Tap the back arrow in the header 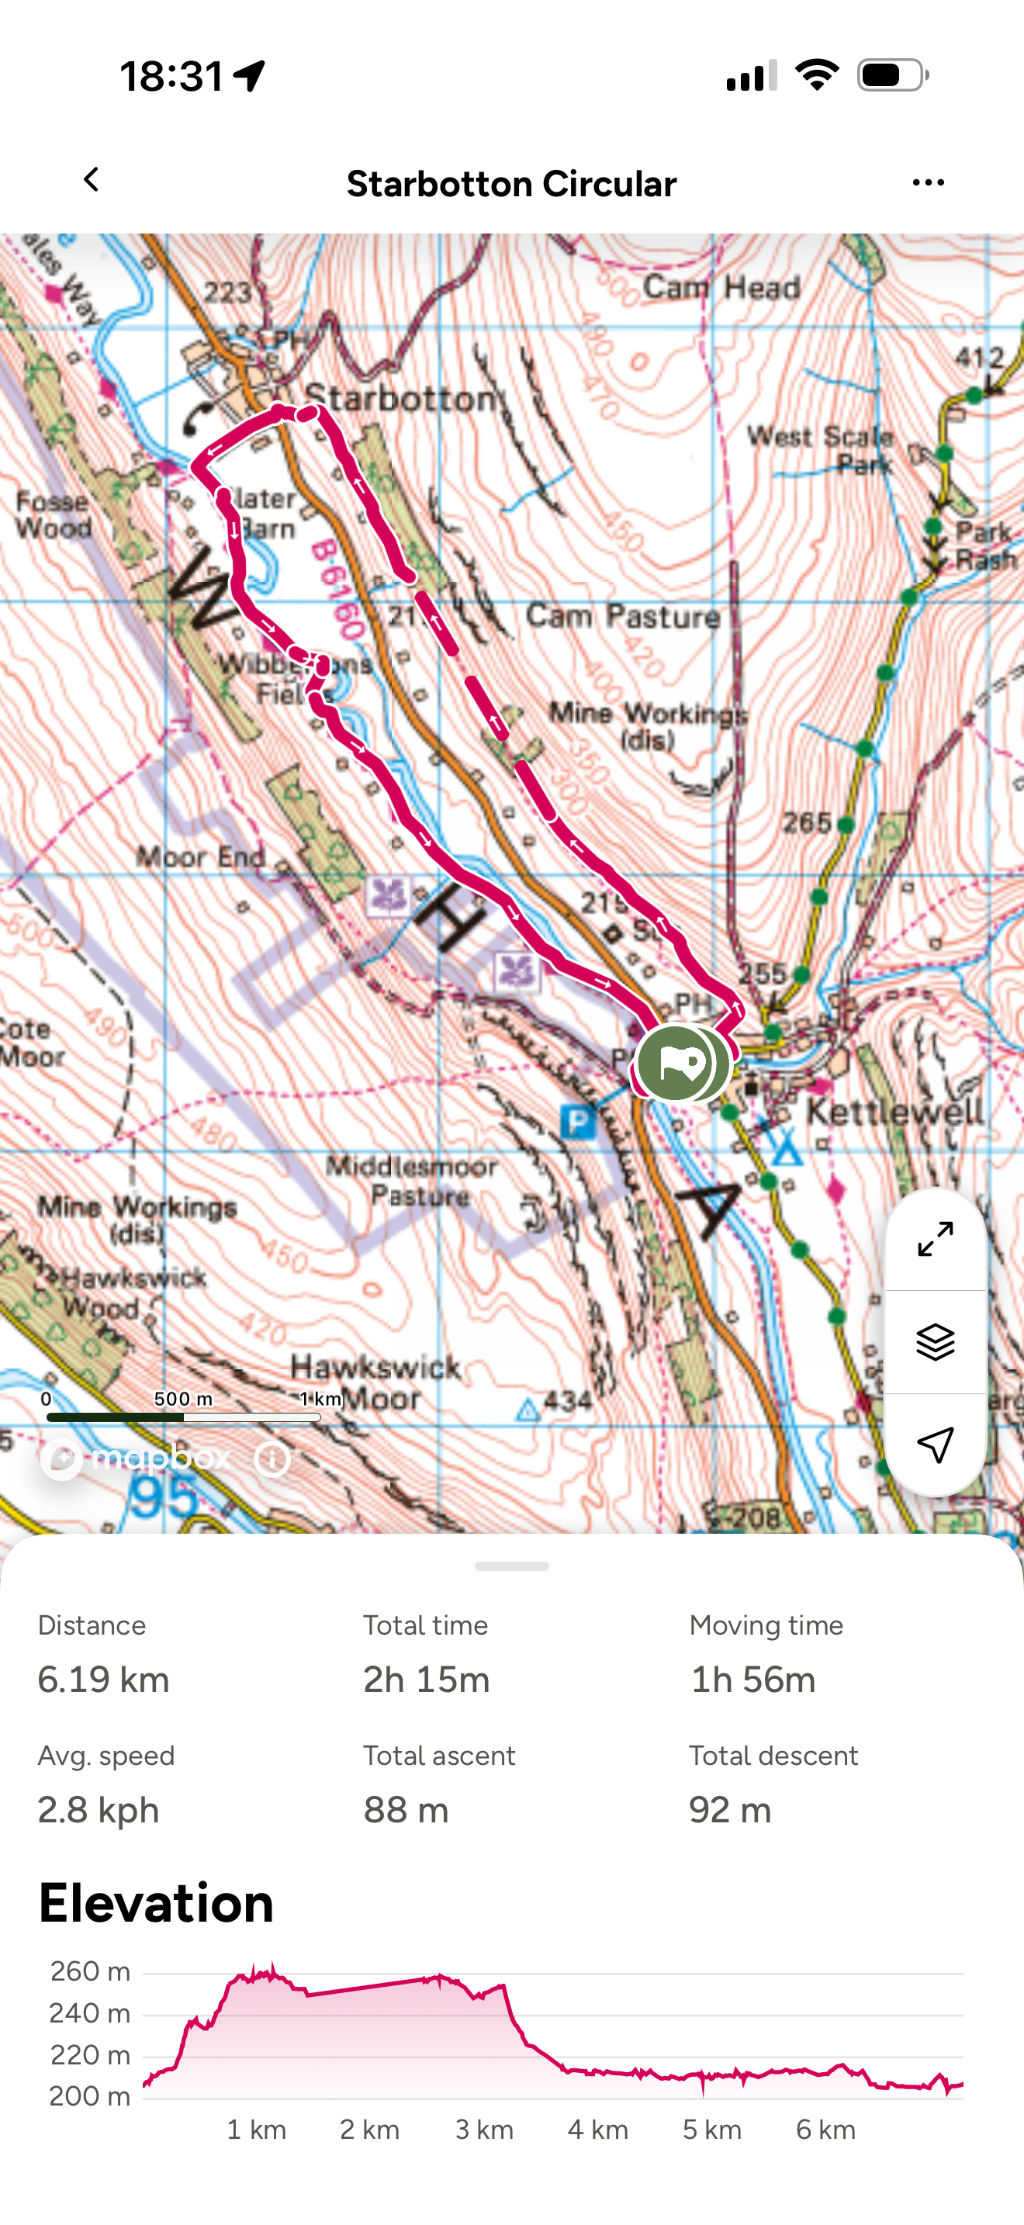pos(91,181)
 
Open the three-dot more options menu pos(927,182)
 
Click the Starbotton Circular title pos(511,184)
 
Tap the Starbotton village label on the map pos(402,398)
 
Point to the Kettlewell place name pos(894,1111)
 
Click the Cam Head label pos(721,287)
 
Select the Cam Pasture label pos(622,616)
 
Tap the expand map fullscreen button pos(935,1240)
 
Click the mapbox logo pos(138,1459)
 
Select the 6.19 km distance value pos(104,1680)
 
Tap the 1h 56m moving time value pos(752,1680)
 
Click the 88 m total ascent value pos(406,1809)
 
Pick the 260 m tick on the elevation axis pos(90,1972)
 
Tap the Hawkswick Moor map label pos(375,1382)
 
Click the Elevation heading pos(156,1903)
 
